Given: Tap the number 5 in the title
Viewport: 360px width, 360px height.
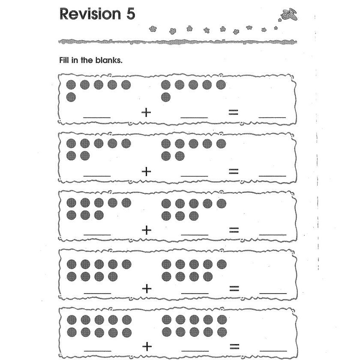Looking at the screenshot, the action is pos(130,14).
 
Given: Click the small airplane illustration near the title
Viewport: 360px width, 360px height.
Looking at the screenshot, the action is pos(289,15).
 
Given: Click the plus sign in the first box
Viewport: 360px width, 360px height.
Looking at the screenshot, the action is pos(147,113).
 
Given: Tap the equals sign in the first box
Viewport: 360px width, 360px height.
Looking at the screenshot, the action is pos(233,113).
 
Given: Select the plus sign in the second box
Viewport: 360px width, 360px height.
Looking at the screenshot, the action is pos(147,171).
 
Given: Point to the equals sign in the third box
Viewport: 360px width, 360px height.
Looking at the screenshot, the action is pos(234,230).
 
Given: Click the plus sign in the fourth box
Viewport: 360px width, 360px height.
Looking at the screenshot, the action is pos(147,288).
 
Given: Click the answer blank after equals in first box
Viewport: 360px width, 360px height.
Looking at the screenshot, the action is pos(272,116).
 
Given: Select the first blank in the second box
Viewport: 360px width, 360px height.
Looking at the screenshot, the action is pos(97,175).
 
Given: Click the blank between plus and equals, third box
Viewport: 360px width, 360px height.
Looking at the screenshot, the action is pos(195,234).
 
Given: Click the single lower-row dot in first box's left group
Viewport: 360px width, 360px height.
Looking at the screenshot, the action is pos(71,97).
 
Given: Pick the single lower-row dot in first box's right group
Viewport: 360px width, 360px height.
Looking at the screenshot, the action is pos(165,97).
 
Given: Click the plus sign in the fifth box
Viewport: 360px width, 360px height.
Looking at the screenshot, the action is pos(147,346).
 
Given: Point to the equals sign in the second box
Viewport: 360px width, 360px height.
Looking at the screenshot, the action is pos(234,171).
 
